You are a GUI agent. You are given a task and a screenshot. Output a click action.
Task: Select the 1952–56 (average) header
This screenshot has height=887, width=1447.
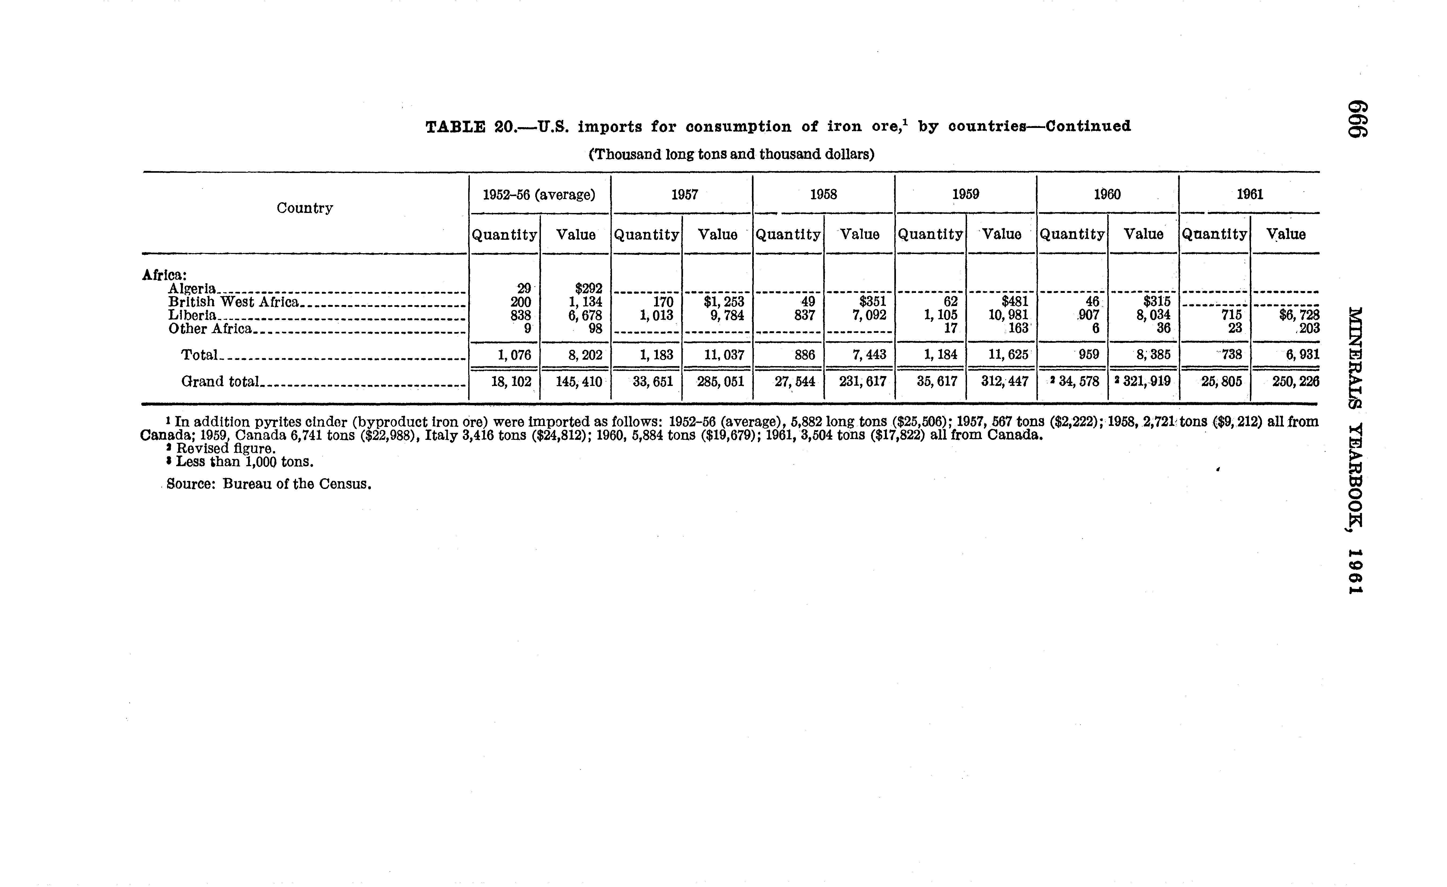point(538,194)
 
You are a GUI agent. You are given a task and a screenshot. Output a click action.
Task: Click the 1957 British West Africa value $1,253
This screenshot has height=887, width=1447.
point(724,302)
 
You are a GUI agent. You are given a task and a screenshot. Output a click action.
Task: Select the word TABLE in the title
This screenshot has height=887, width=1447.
point(455,127)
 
